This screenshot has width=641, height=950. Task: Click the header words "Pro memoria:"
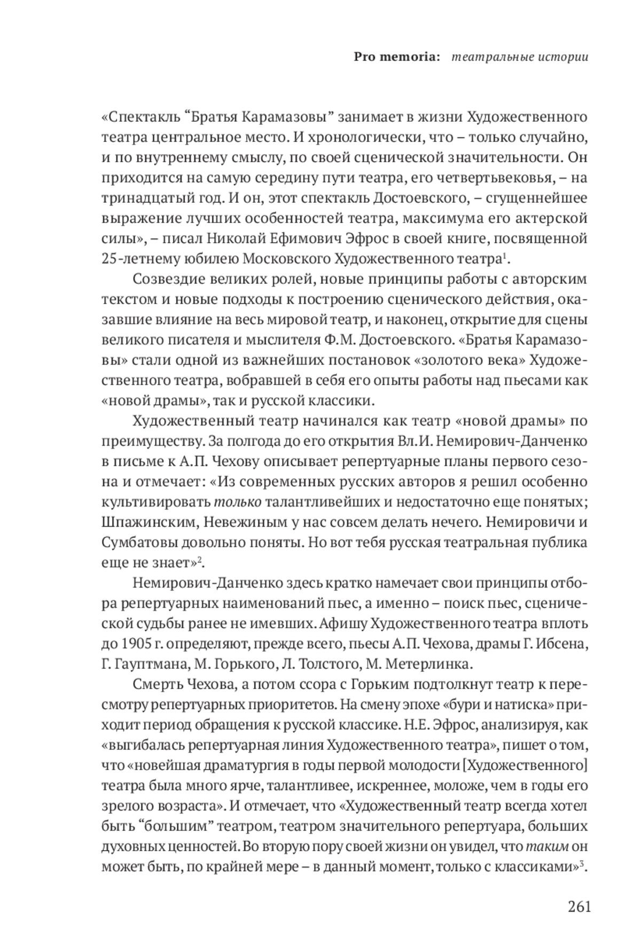pyautogui.click(x=397, y=57)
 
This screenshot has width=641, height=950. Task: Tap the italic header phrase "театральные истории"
pyautogui.click(x=520, y=57)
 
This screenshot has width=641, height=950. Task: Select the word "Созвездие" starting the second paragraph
pyautogui.click(x=171, y=279)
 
